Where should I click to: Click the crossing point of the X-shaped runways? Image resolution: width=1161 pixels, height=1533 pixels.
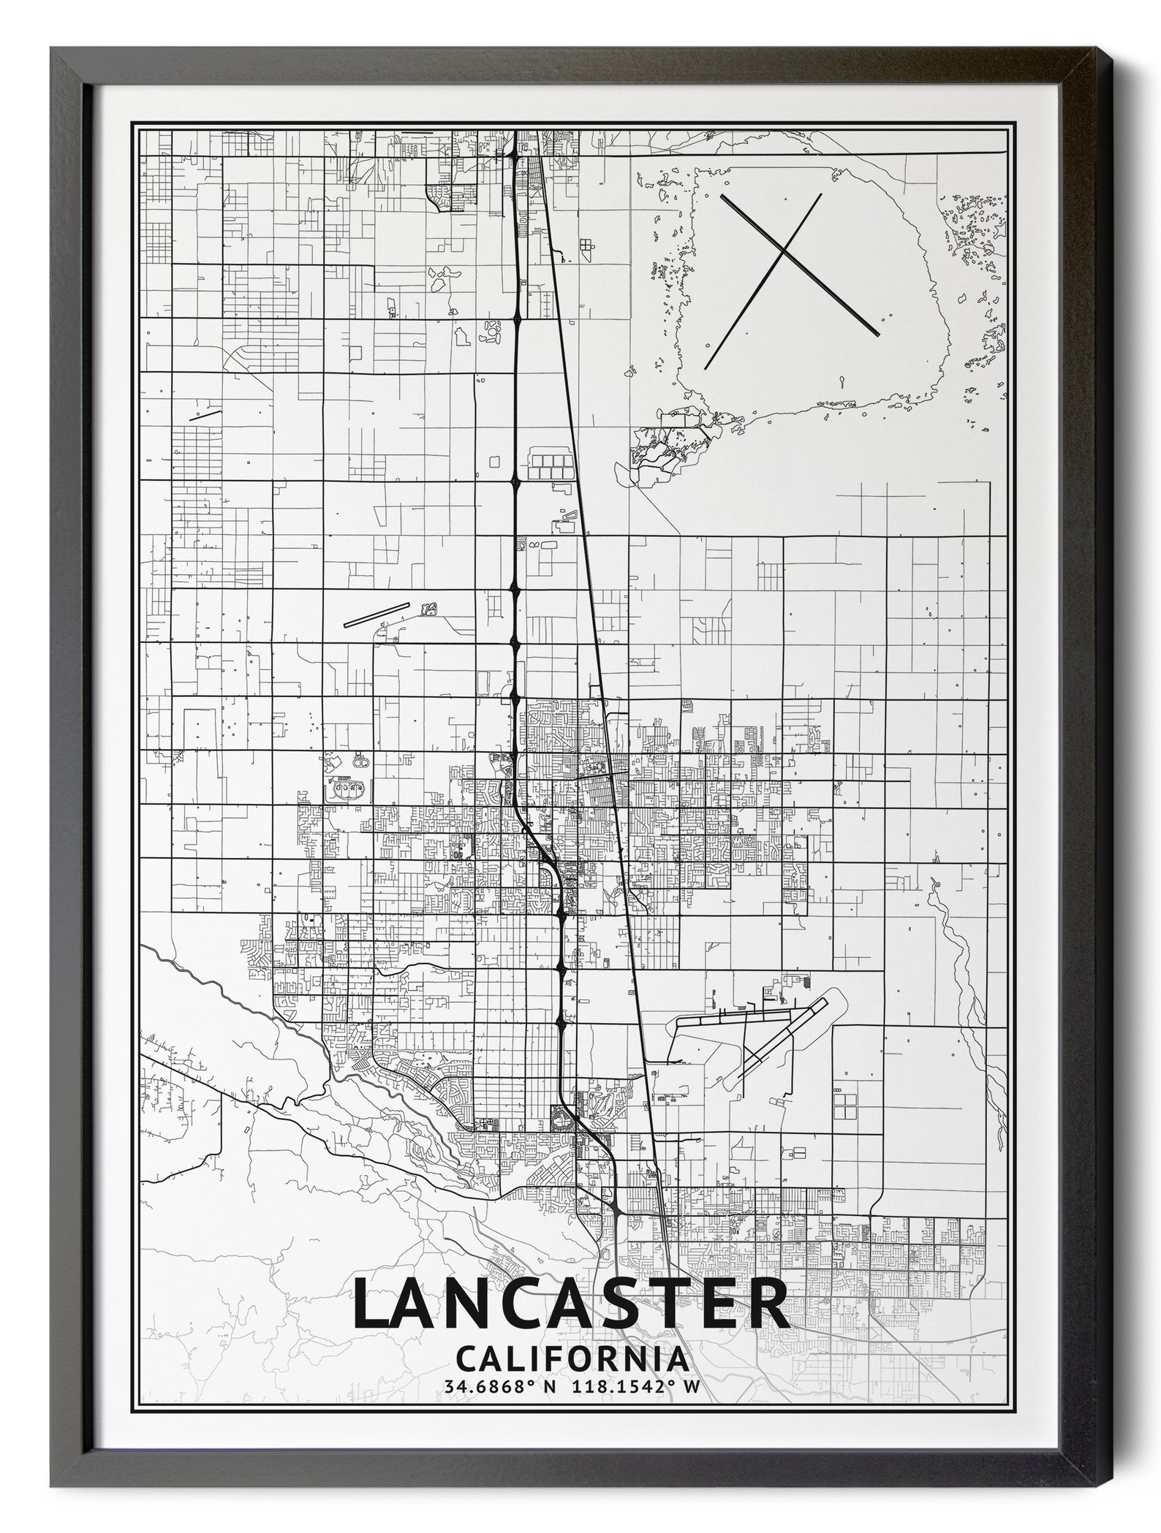pos(783,251)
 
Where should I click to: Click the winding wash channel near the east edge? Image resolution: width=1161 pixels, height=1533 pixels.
pos(965,965)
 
